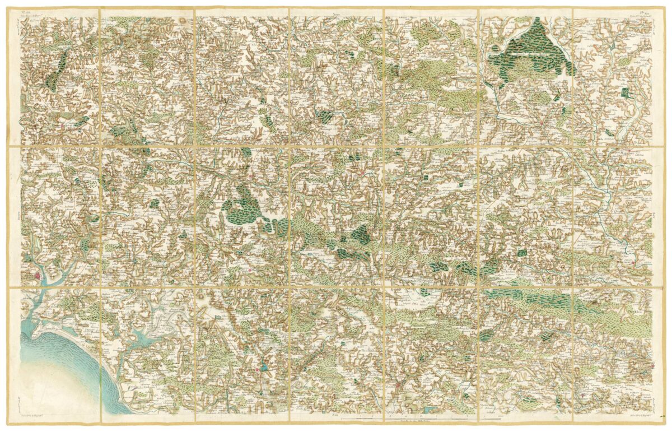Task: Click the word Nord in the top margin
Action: tap(336, 12)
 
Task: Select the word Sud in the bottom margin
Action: tap(335, 415)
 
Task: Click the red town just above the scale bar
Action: tap(398, 386)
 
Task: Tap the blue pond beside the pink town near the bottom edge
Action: tap(264, 368)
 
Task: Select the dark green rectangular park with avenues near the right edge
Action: tap(625, 93)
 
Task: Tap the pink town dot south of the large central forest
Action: tap(245, 270)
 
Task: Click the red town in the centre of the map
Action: tap(363, 174)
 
